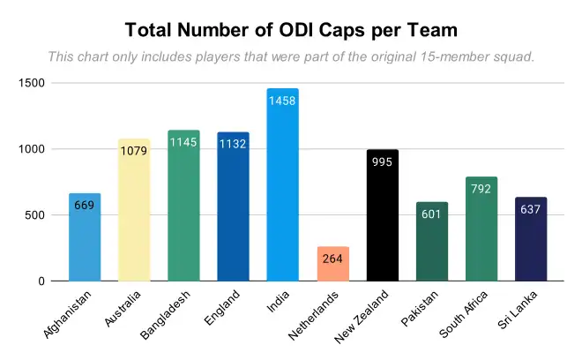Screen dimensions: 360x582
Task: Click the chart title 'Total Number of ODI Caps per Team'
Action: (291, 30)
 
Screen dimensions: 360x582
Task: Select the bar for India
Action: (283, 185)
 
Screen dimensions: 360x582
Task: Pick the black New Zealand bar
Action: (383, 215)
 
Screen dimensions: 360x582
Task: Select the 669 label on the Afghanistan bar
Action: (85, 206)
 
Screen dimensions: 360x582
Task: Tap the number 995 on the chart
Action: (383, 163)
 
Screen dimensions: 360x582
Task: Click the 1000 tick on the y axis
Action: (34, 149)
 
